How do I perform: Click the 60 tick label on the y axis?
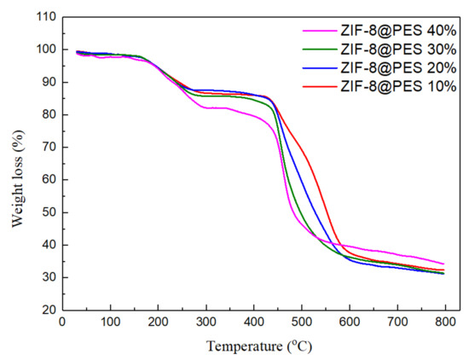click(x=46, y=180)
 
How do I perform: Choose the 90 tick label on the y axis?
click(x=46, y=83)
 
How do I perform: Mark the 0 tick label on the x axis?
click(x=61, y=322)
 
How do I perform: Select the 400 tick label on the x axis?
click(x=253, y=322)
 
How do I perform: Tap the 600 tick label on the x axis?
click(x=350, y=322)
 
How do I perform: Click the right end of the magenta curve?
click(x=443, y=264)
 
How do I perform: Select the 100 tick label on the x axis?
click(x=109, y=322)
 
